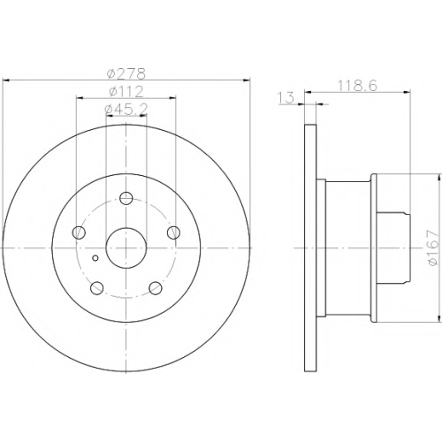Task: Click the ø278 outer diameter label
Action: (x=126, y=73)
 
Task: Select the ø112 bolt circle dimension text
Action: (x=126, y=92)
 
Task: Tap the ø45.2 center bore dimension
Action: (x=126, y=109)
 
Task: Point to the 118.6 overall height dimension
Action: (x=357, y=86)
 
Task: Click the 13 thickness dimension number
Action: (x=286, y=97)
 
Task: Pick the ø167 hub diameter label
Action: (x=433, y=248)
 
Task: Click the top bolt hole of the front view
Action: (x=126, y=198)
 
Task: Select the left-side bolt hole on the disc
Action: (x=79, y=232)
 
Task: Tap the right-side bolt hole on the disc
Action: (x=173, y=232)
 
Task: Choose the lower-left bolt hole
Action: (x=96, y=288)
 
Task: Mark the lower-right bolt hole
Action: (x=156, y=288)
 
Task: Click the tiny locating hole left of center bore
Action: (x=95, y=258)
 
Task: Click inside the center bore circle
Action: (x=126, y=248)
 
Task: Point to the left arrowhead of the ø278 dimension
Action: (x=6, y=80)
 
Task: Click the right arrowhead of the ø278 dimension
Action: (x=247, y=80)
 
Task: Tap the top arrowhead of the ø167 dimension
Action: (x=439, y=178)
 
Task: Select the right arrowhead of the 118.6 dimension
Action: (x=407, y=92)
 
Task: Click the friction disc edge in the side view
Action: (x=310, y=248)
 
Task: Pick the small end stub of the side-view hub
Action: (x=393, y=248)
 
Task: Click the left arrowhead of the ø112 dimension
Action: (x=80, y=98)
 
